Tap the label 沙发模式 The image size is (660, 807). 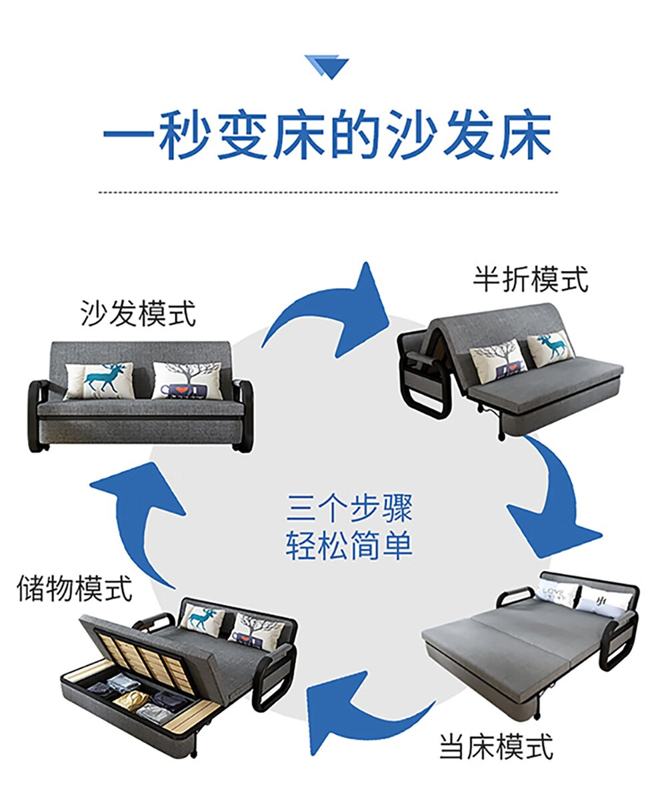[139, 313]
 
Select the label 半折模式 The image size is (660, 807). [531, 279]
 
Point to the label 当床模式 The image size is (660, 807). [496, 746]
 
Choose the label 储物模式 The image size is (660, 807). [75, 588]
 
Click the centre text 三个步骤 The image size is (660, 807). [349, 508]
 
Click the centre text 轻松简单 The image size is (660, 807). [349, 545]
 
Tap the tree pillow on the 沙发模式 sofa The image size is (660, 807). [187, 380]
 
